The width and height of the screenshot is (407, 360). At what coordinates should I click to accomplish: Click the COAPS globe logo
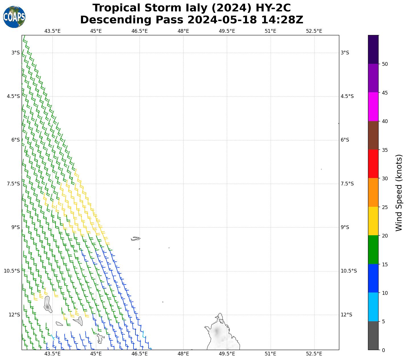pos(14,17)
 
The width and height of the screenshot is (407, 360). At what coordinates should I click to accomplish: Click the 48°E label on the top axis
pos(183,31)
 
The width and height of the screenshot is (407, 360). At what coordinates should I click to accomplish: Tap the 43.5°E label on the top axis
pos(52,31)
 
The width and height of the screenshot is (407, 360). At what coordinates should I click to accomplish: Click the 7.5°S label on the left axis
pos(13,183)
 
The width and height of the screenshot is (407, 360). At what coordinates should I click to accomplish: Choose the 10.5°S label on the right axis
pos(349,271)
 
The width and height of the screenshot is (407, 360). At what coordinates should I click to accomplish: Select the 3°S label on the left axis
pos(15,53)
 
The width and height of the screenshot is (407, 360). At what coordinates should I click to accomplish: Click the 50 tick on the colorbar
pos(385,64)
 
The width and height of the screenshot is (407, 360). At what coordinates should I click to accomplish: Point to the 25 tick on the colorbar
pos(385,207)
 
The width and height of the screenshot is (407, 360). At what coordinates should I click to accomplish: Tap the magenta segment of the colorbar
pos(373,107)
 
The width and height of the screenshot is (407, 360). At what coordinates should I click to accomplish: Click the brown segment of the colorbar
pos(373,135)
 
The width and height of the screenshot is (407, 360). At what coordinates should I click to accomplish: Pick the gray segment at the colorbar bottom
pos(373,336)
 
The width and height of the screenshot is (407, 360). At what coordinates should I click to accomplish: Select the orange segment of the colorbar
pos(373,193)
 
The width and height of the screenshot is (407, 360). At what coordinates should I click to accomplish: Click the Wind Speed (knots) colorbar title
pos(399,193)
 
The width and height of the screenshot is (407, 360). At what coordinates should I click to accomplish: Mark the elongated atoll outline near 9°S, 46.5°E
pos(135,238)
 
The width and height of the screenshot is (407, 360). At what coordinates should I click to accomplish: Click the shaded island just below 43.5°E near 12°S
pos(48,304)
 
